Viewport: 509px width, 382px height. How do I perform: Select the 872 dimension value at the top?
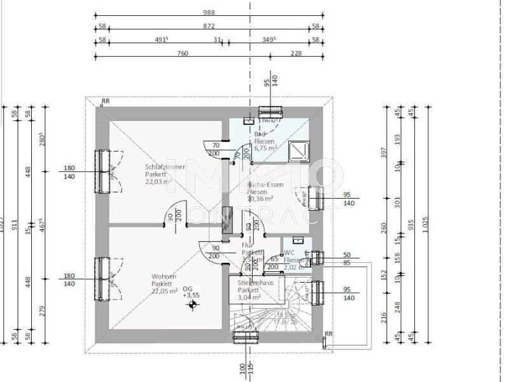208,26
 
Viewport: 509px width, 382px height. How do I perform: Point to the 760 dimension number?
182,53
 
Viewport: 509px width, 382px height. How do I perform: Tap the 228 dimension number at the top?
296,53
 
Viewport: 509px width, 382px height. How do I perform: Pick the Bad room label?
260,134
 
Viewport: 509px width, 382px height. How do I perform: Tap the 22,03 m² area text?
157,181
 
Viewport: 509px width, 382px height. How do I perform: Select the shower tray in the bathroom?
297,149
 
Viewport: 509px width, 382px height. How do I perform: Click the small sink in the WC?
297,241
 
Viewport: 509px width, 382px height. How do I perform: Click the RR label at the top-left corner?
104,101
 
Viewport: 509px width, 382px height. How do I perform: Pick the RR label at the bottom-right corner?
328,334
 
